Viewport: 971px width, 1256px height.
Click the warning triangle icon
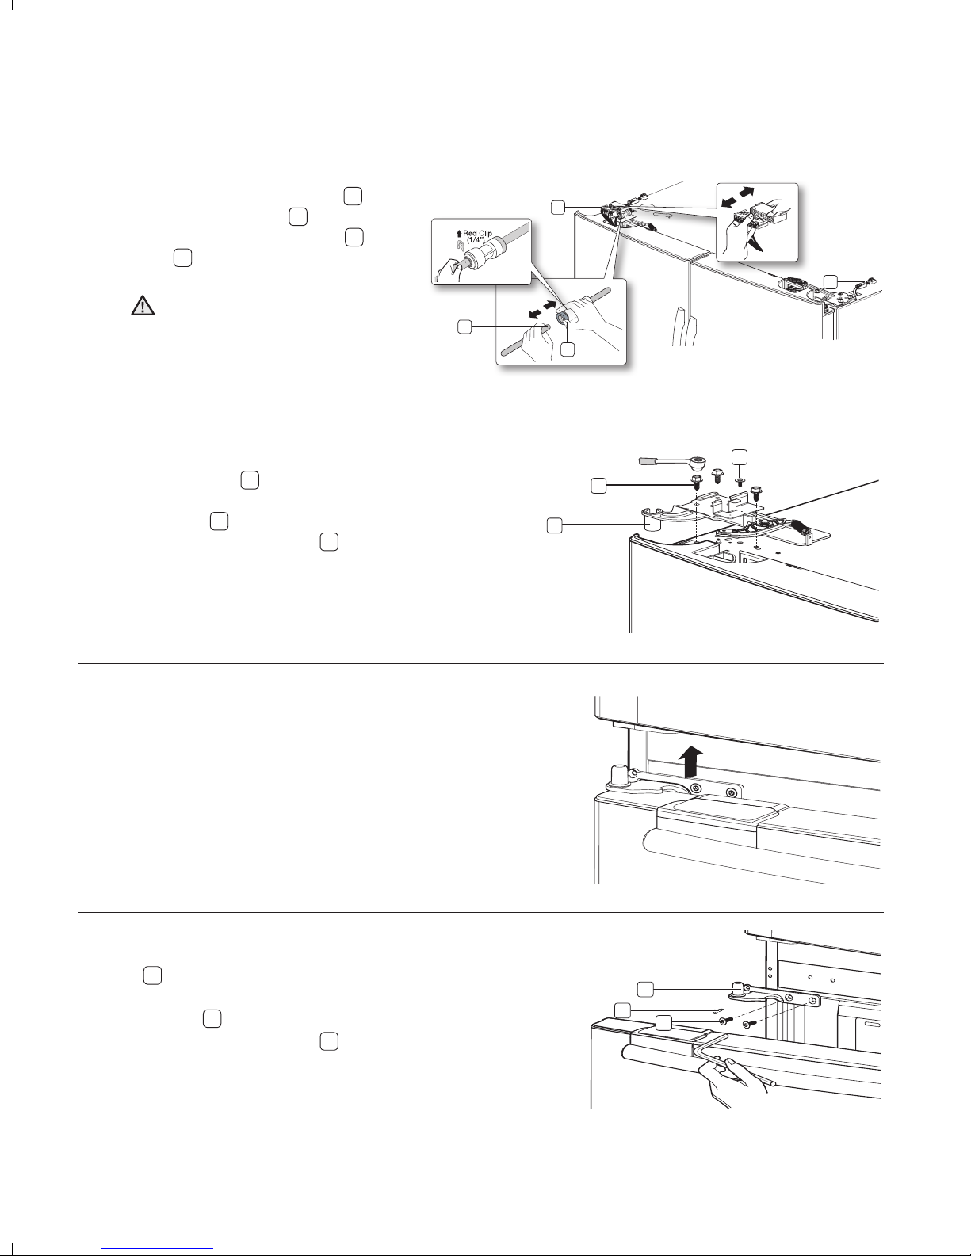142,307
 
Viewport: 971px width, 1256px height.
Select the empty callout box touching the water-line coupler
568,349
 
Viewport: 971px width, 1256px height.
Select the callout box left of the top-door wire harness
558,207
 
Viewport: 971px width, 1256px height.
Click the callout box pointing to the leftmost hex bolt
600,486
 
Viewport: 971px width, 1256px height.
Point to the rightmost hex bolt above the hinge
758,492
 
